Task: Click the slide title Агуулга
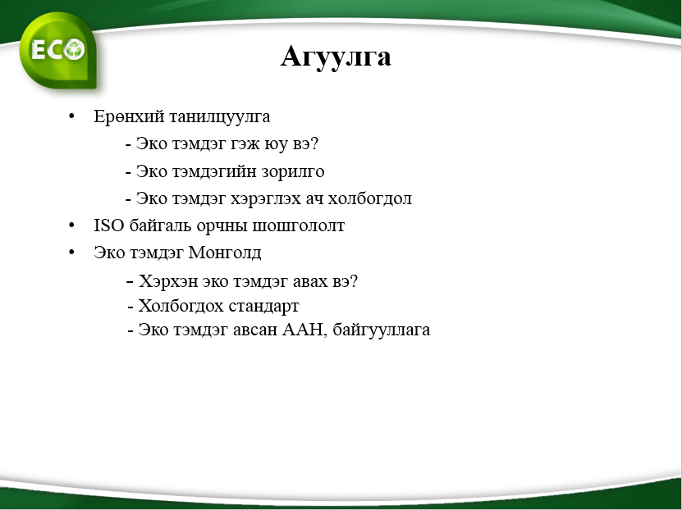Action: click(336, 57)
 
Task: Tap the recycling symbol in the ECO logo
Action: click(74, 49)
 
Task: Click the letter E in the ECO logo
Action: click(39, 49)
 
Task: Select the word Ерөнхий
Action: click(129, 116)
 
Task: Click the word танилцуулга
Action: click(220, 117)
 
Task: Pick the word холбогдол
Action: click(369, 198)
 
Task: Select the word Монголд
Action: click(225, 253)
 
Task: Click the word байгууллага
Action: click(382, 330)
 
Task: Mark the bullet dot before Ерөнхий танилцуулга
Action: click(71, 116)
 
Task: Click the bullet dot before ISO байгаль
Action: click(71, 225)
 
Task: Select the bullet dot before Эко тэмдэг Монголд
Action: click(71, 252)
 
